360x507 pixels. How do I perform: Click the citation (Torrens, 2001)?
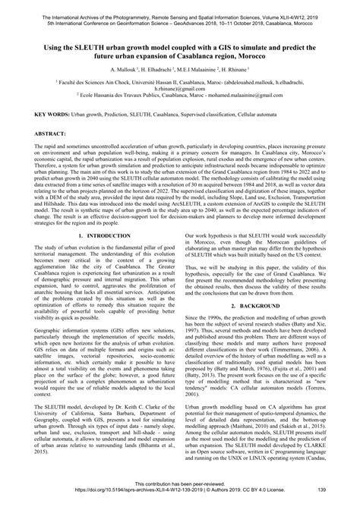[x=316, y=402]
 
